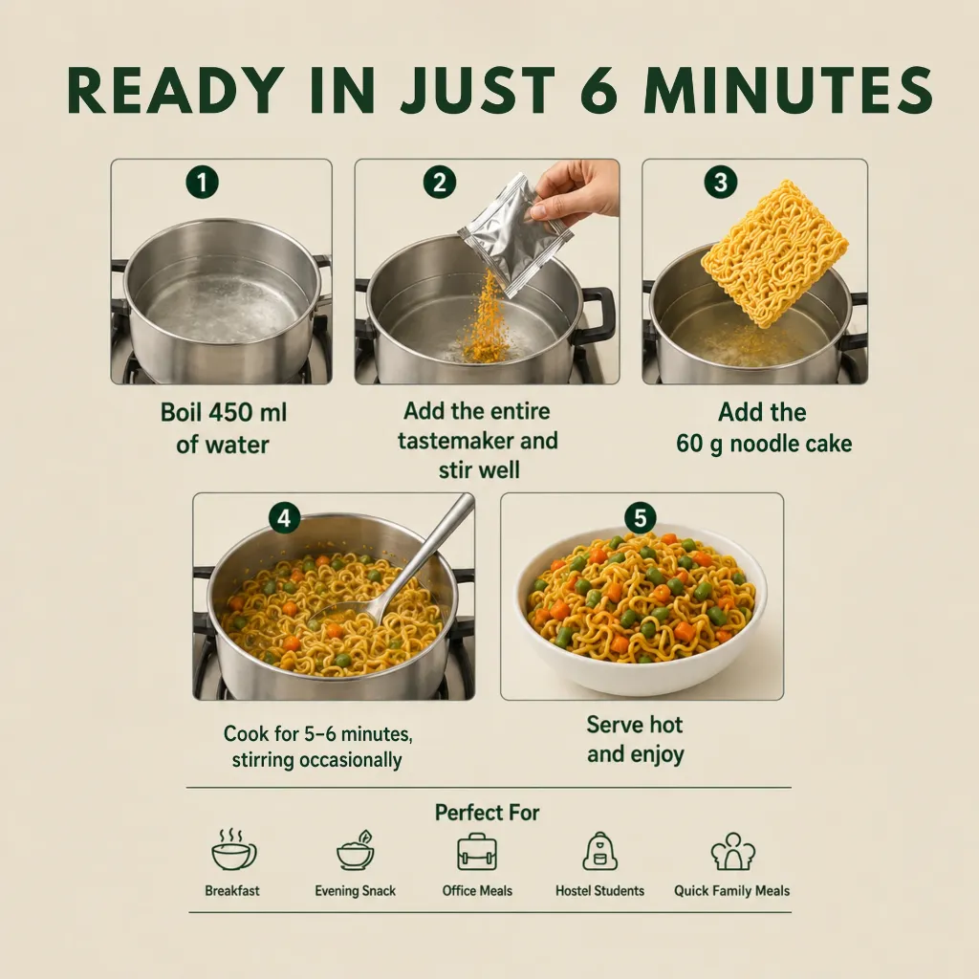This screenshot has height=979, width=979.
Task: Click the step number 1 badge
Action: click(x=203, y=183)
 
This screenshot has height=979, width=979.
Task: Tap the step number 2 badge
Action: click(x=440, y=183)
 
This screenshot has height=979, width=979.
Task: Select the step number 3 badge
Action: click(x=721, y=183)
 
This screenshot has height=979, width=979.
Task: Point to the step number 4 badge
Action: click(x=284, y=518)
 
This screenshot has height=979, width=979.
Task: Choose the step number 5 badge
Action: click(x=641, y=517)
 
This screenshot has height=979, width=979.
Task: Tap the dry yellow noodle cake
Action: click(x=774, y=252)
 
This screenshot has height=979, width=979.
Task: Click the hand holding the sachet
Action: click(x=577, y=190)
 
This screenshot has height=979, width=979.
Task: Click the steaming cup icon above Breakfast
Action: click(x=233, y=850)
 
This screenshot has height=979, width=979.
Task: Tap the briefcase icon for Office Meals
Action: click(x=477, y=851)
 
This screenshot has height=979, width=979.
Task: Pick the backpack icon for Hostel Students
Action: click(x=599, y=851)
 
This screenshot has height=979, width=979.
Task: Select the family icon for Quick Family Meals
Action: click(x=733, y=851)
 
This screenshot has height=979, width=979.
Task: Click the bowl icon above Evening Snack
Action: click(x=356, y=850)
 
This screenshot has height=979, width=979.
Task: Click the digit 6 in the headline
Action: click(x=600, y=91)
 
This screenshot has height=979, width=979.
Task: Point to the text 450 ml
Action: click(x=248, y=413)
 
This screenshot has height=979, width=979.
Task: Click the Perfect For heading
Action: click(x=487, y=813)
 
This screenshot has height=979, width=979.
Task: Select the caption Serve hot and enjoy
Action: click(x=636, y=739)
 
